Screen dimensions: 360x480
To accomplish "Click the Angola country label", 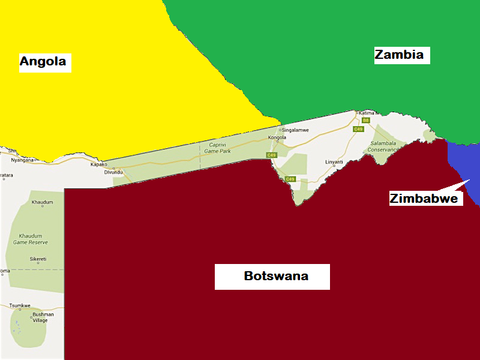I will pos(45,62).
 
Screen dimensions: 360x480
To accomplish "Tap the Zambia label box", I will pos(399,55).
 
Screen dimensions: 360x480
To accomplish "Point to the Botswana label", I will pos(275,277).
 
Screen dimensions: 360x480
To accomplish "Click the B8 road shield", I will pos(365,121).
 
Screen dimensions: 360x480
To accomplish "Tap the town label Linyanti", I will pos(334,162).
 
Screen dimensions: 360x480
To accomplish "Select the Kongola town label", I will pos(277,138).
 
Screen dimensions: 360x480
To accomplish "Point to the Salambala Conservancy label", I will pos(384,146).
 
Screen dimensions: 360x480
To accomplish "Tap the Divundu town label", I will pos(113,172).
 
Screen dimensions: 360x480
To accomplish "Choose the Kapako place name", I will pos(98,164).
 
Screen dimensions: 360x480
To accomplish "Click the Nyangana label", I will pos(23,160).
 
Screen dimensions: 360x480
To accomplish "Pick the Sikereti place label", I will pos(38,259).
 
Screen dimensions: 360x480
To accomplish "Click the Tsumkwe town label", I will pos(20,305).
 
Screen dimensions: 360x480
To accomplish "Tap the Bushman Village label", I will pos(43,317).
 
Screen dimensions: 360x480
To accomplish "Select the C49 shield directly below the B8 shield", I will pos(359,129).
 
